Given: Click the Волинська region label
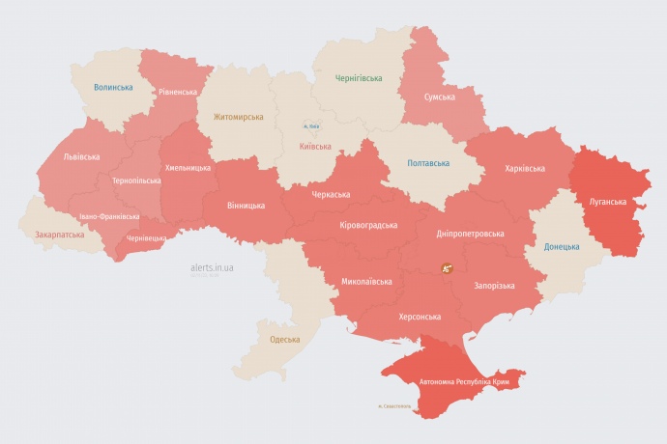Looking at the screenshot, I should pyautogui.click(x=113, y=87).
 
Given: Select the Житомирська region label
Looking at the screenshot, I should pyautogui.click(x=239, y=117).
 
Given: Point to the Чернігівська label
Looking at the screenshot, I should pyautogui.click(x=359, y=77).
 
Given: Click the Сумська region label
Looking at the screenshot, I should pyautogui.click(x=441, y=97).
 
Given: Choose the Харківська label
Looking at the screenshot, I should pyautogui.click(x=525, y=168).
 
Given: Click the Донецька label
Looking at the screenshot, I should pyautogui.click(x=562, y=246).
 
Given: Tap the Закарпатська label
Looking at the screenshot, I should pyautogui.click(x=59, y=234).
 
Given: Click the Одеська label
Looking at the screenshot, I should pyautogui.click(x=284, y=339).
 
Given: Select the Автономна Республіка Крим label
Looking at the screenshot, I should pyautogui.click(x=464, y=382).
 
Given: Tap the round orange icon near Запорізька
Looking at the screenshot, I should pyautogui.click(x=447, y=268).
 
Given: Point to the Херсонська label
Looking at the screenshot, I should pyautogui.click(x=420, y=317).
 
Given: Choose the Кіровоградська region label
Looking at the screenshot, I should pyautogui.click(x=369, y=225).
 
